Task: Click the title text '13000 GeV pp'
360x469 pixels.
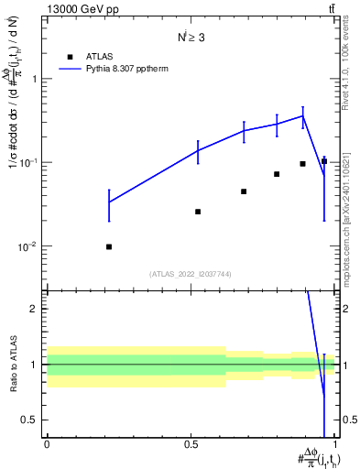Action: click(x=81, y=9)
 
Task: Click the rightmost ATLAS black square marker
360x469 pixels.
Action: click(x=323, y=161)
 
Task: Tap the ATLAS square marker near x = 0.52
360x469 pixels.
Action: click(x=198, y=212)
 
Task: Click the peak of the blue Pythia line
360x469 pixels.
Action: click(x=302, y=115)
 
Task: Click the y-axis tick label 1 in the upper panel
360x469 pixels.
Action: click(x=37, y=79)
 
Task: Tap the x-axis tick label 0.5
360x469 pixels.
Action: click(x=191, y=444)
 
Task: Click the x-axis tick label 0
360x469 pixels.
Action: click(x=47, y=444)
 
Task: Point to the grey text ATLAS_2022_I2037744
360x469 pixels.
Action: click(x=191, y=273)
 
